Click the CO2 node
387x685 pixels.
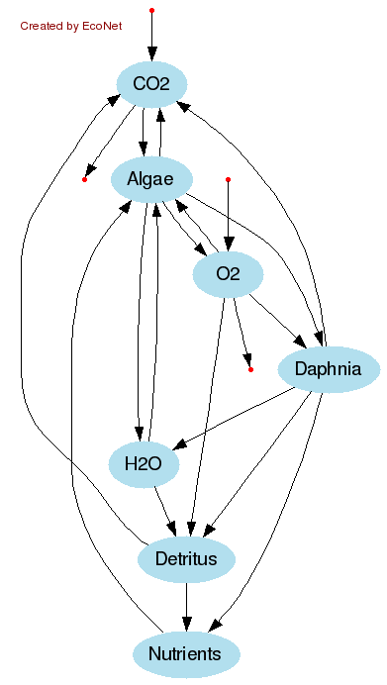[151, 84]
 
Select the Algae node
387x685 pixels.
[150, 179]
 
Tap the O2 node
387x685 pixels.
[228, 274]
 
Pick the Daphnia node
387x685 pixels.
[329, 370]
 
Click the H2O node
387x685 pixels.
[144, 464]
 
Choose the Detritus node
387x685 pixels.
[186, 559]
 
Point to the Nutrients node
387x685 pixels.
[186, 654]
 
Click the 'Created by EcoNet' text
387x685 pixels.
[71, 26]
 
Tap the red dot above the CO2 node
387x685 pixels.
[151, 10]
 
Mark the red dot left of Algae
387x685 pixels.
[84, 179]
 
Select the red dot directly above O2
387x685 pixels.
[229, 179]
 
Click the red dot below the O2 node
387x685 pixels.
[250, 369]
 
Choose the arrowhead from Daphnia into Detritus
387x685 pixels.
[210, 531]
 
